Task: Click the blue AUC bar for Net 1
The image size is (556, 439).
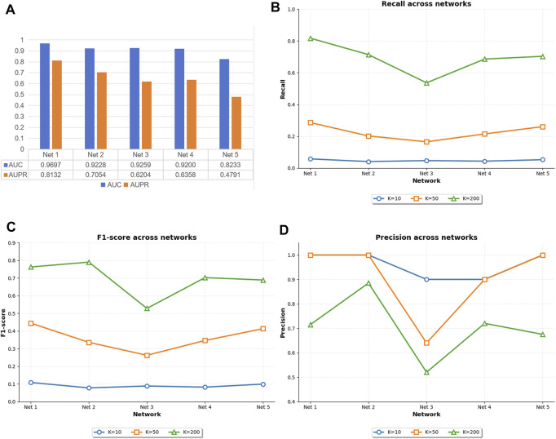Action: click(45, 96)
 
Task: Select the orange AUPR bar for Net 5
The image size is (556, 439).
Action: click(236, 122)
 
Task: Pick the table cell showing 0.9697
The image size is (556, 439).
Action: click(51, 165)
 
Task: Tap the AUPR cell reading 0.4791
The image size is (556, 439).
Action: click(230, 175)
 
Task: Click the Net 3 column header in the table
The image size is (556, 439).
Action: click(140, 155)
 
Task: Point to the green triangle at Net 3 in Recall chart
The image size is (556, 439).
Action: click(426, 83)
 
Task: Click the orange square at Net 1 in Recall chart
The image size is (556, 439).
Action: click(311, 122)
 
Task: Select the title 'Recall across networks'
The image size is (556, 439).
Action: click(426, 4)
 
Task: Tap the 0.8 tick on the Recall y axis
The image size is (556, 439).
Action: click(291, 41)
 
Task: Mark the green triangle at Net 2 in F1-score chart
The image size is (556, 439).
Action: click(89, 262)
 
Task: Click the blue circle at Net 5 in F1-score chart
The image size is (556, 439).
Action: click(263, 384)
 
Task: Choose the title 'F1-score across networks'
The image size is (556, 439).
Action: click(147, 237)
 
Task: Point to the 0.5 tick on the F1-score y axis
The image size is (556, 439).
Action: click(11, 313)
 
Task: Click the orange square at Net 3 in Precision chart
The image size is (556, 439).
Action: click(426, 343)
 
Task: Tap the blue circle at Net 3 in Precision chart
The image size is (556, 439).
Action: click(426, 280)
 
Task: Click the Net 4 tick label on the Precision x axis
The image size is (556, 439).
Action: click(484, 407)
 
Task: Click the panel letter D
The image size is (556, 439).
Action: click(285, 229)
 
